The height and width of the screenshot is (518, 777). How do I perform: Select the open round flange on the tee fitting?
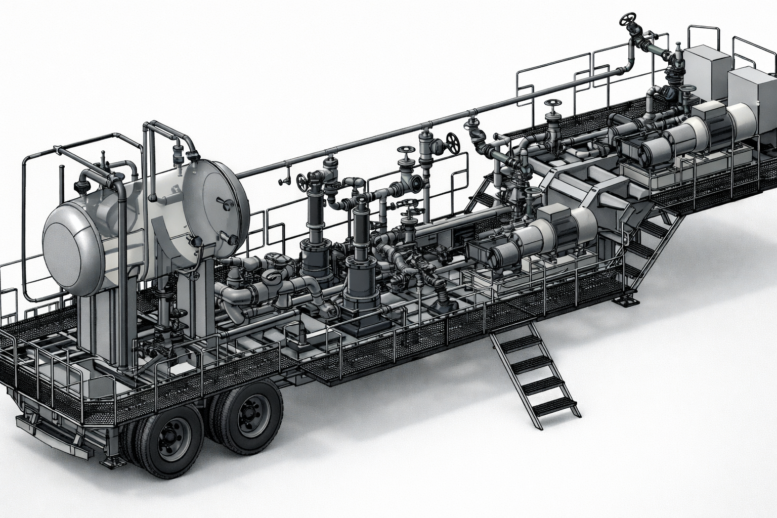click(x=415, y=182)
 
